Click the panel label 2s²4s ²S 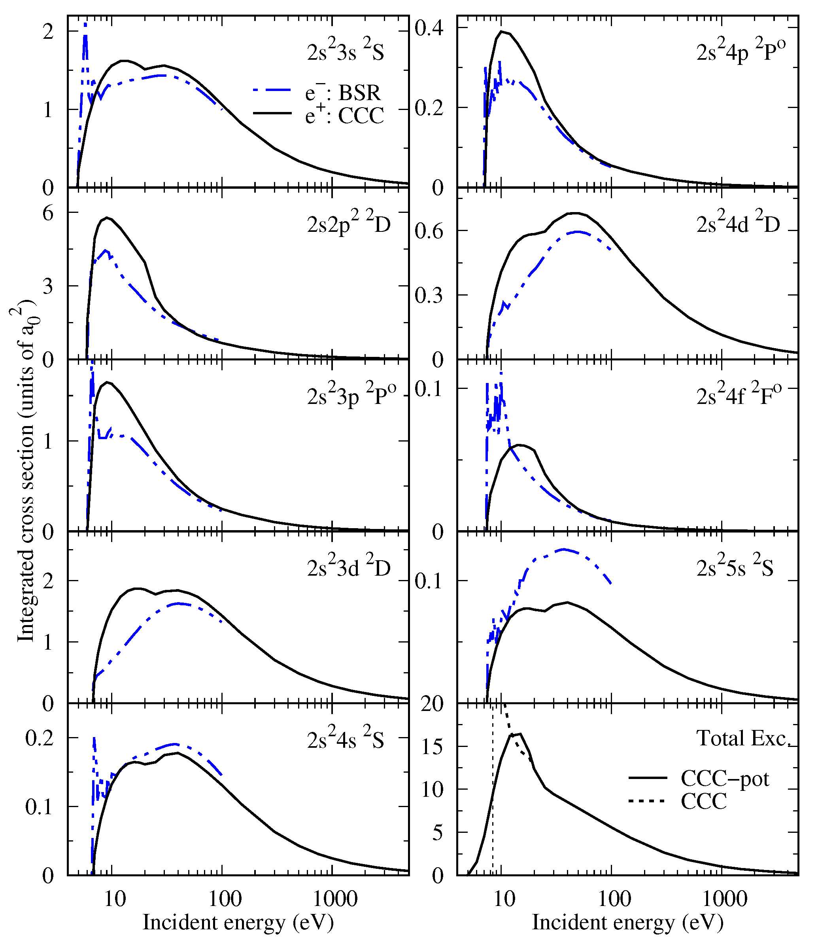coord(345,739)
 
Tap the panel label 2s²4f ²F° coord(739,396)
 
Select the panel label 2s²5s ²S coord(735,568)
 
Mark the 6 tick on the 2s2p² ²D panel coord(48,213)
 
